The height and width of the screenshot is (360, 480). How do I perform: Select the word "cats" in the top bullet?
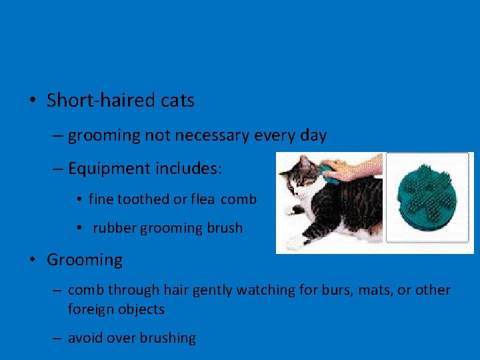tap(177, 101)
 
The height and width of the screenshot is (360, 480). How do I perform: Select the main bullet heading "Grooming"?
tap(85, 260)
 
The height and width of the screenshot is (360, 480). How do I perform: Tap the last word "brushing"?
tap(168, 339)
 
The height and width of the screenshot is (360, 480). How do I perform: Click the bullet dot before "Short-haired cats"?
tap(32, 101)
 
